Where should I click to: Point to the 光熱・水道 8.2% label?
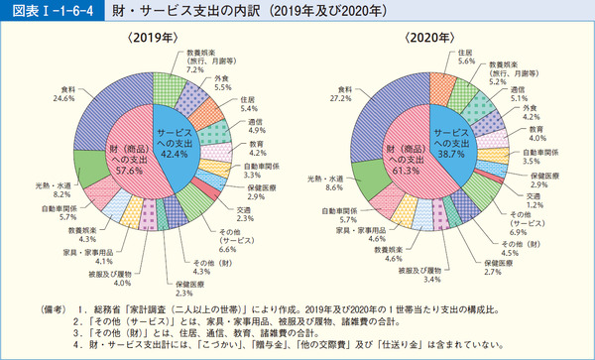[53, 187]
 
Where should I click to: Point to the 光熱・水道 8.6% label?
[327, 181]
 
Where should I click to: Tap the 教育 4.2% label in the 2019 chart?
[255, 149]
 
